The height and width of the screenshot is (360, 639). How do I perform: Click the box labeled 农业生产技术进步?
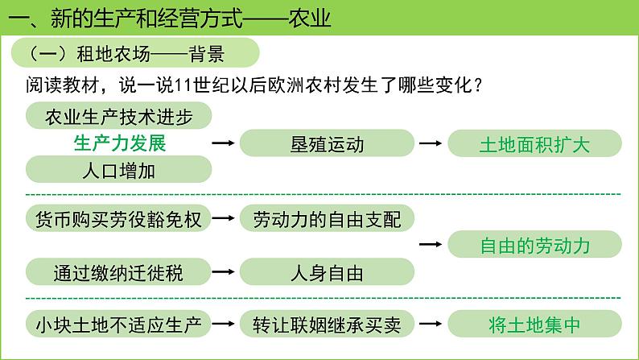click(x=119, y=117)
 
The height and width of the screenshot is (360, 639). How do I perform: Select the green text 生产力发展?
click(x=119, y=144)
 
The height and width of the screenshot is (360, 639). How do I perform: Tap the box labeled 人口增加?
click(x=119, y=171)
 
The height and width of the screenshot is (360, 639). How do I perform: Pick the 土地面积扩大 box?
click(x=534, y=145)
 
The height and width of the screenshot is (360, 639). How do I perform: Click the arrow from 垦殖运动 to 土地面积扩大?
click(x=431, y=144)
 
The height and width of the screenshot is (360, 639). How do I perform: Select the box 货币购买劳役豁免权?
click(x=119, y=219)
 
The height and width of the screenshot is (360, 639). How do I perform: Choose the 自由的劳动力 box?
click(x=534, y=246)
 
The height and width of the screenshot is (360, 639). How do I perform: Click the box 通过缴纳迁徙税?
click(x=119, y=272)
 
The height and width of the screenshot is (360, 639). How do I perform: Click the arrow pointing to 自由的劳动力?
click(x=431, y=246)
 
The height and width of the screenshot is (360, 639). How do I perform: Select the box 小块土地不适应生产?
click(x=119, y=325)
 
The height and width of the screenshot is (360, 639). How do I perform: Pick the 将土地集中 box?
click(x=534, y=325)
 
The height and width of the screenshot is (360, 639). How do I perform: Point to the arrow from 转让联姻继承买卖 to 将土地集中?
click(x=431, y=325)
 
